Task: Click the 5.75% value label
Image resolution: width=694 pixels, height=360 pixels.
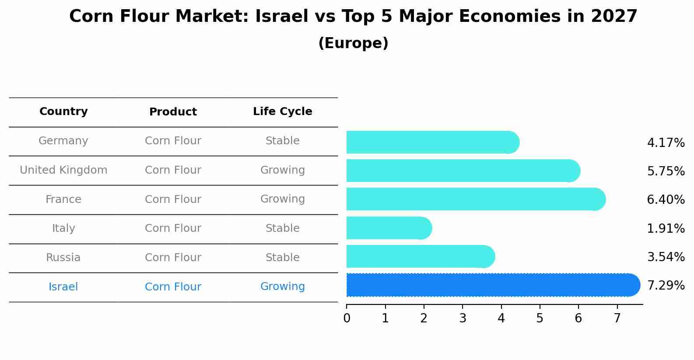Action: coord(666,171)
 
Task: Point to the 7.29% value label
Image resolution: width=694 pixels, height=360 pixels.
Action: coord(666,285)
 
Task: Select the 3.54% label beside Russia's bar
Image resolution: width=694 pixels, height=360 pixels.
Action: coord(666,257)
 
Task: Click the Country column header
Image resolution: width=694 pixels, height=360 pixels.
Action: coord(63,112)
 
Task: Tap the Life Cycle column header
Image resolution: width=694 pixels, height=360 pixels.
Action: coord(282,112)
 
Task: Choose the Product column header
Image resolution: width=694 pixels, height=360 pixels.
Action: coord(173,112)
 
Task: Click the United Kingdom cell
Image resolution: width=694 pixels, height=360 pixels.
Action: coord(63,170)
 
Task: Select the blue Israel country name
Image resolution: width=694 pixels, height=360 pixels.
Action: coord(63,287)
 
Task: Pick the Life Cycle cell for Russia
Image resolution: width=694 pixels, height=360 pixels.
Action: coord(282,258)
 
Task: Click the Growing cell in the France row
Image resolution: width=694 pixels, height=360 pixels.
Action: coord(282,199)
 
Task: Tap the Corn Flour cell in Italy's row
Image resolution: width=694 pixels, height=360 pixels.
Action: coord(173,228)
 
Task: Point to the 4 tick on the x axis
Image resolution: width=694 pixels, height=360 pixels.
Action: coord(501,318)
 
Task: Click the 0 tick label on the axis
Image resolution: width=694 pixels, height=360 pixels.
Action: coord(347,318)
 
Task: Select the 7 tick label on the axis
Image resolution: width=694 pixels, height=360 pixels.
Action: coord(617,318)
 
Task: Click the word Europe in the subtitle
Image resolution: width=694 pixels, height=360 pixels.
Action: coord(353,43)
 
